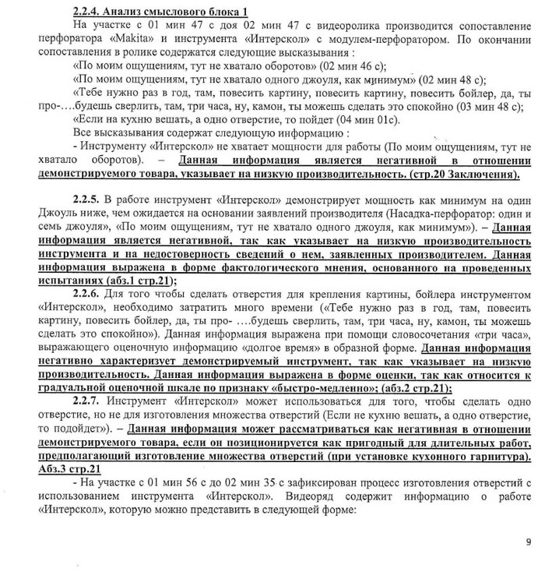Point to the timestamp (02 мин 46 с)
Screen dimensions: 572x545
[351, 65]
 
